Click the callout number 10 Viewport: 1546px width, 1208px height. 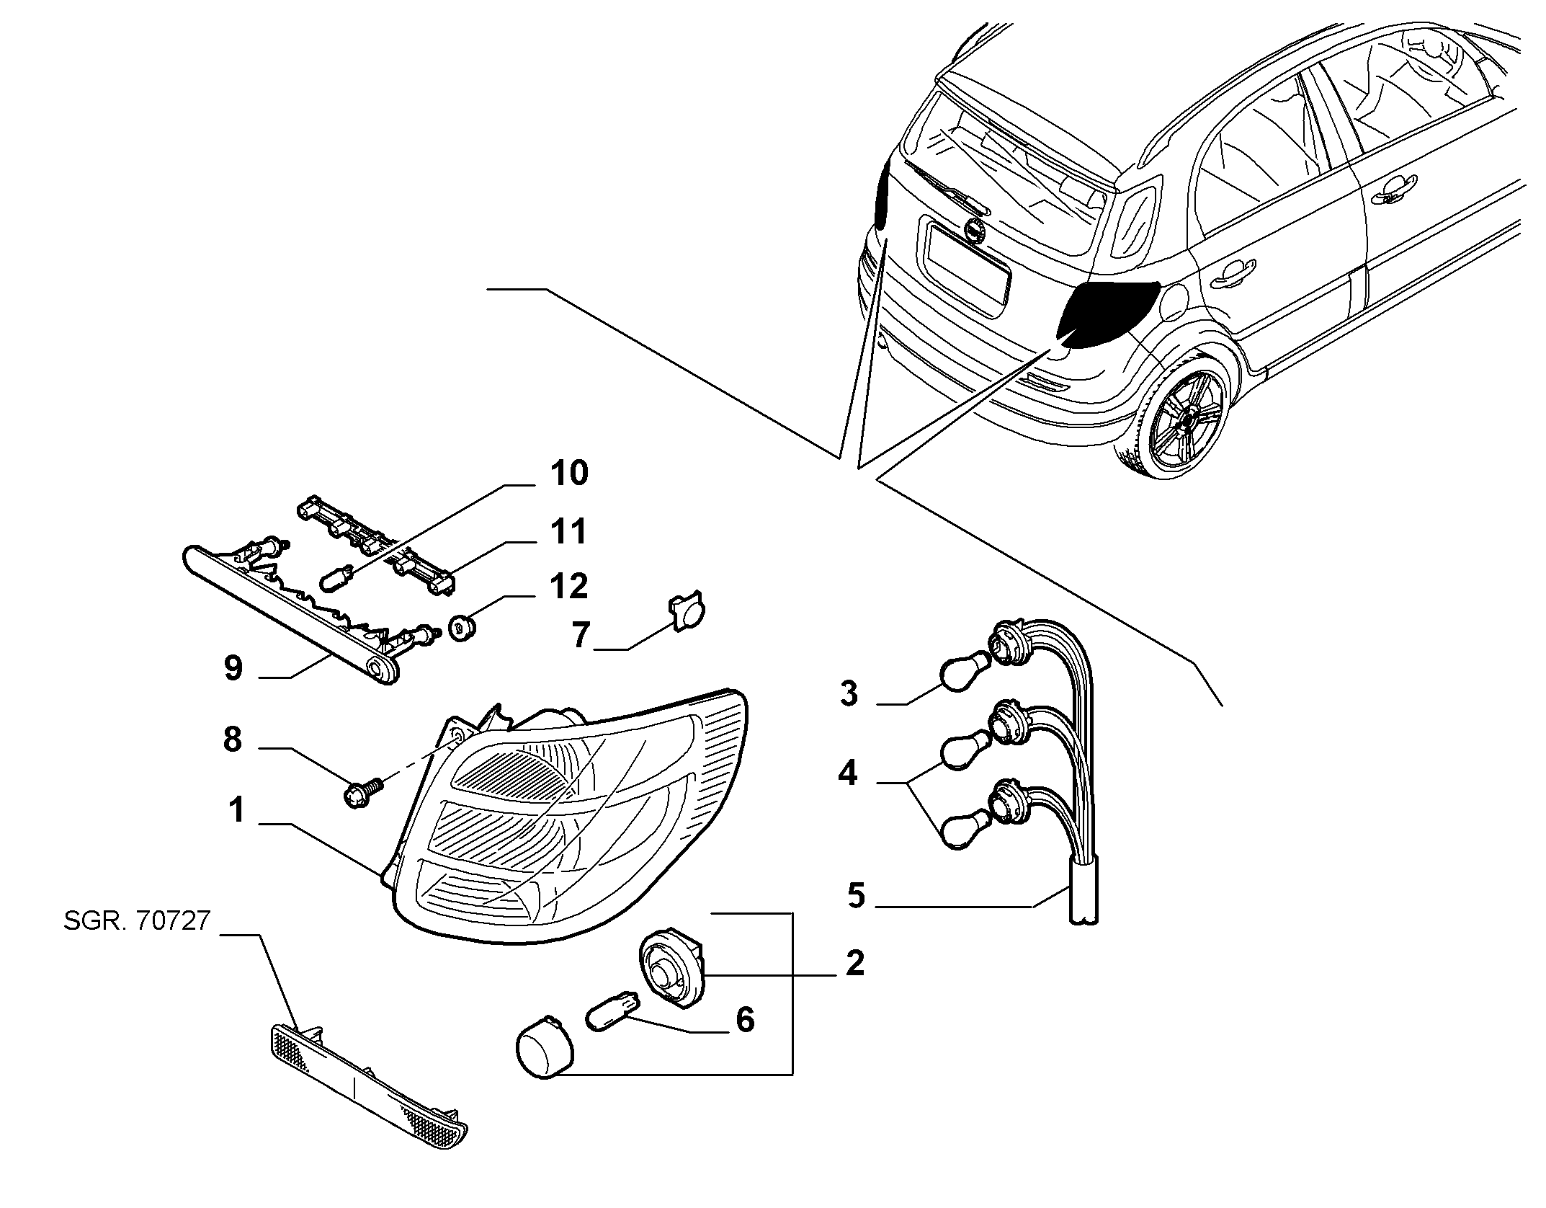(569, 474)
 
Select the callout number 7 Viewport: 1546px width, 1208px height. (581, 636)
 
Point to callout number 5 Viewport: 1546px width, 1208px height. (855, 896)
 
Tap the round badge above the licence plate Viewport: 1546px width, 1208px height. (975, 230)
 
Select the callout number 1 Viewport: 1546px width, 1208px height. (237, 810)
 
